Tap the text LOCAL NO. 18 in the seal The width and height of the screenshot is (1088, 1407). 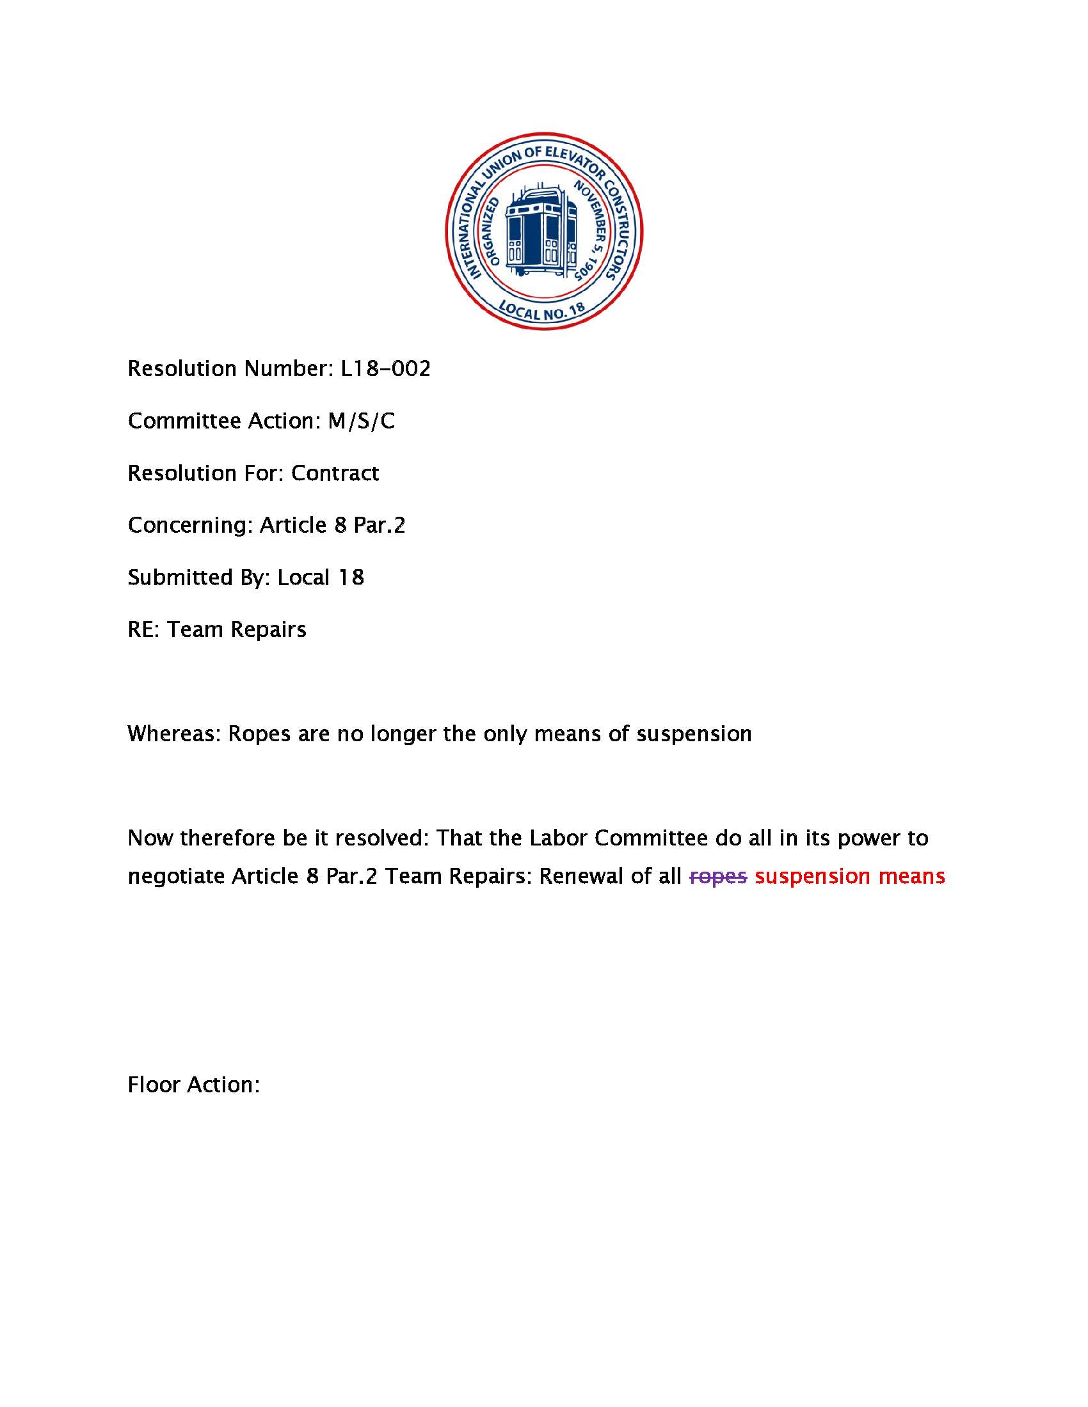pyautogui.click(x=542, y=311)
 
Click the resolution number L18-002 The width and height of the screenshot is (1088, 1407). pyautogui.click(x=385, y=369)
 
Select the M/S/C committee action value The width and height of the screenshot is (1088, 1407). pyautogui.click(x=361, y=421)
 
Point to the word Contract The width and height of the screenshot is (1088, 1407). pyautogui.click(x=335, y=473)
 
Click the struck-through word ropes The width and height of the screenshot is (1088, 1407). pyautogui.click(x=718, y=877)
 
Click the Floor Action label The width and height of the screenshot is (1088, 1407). pyautogui.click(x=193, y=1085)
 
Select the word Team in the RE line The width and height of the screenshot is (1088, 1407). pyautogui.click(x=195, y=630)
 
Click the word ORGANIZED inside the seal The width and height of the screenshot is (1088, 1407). pyautogui.click(x=490, y=232)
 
